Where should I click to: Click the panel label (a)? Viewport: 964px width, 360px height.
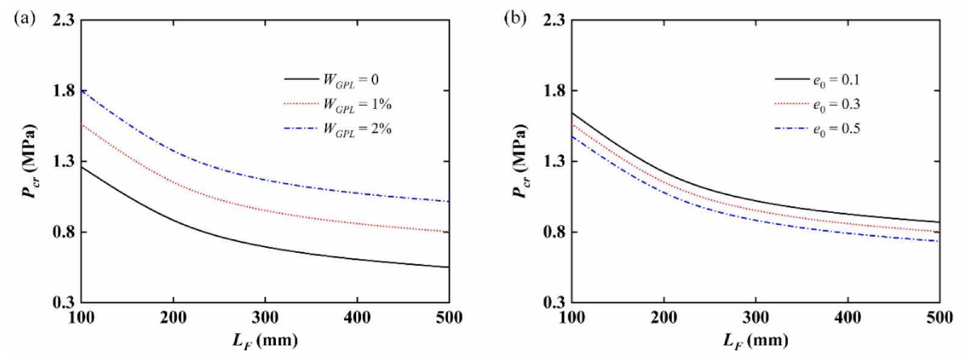point(25,19)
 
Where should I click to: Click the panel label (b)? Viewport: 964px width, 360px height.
point(515,19)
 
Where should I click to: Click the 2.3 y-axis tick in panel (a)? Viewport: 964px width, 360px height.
point(63,21)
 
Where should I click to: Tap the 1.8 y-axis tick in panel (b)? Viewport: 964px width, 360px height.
point(553,91)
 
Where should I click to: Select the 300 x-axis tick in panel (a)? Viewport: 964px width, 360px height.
point(265,317)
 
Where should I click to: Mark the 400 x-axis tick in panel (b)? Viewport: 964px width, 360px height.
point(847,317)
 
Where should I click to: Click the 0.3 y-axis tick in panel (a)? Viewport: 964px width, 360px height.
point(63,303)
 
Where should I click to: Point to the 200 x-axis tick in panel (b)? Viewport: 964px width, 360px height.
point(663,317)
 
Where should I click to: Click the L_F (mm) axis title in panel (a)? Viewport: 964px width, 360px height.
point(265,341)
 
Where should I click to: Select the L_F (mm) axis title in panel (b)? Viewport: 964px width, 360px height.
point(756,341)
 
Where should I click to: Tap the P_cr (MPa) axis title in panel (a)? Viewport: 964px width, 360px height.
point(29,161)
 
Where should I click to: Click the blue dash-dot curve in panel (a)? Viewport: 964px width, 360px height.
point(265,181)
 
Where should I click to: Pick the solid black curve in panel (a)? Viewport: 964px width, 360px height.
point(265,246)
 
